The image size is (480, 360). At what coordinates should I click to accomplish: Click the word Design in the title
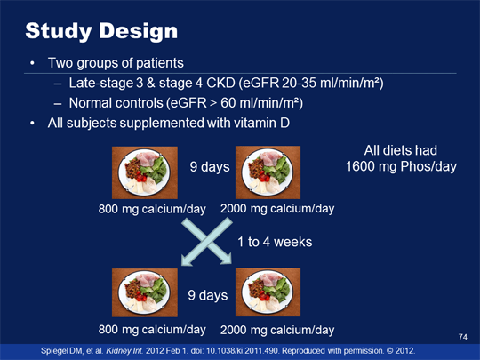(138, 31)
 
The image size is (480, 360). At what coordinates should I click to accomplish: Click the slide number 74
(463, 337)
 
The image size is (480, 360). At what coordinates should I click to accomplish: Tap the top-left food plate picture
(145, 172)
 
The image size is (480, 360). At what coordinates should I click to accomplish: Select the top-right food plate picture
(268, 172)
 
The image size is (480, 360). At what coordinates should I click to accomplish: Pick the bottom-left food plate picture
(145, 292)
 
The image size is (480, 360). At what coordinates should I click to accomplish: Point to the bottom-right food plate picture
(268, 292)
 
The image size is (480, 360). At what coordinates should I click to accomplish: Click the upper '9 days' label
(210, 167)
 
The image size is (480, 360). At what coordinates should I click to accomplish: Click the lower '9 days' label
(208, 295)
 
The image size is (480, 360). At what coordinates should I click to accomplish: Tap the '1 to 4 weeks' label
(275, 242)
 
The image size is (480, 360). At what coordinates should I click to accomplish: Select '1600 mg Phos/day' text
(401, 166)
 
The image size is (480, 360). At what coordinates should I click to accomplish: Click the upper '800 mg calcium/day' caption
(152, 209)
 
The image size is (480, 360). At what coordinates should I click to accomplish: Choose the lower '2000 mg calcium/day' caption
(277, 330)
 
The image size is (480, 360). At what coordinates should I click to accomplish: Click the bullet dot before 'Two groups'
(32, 63)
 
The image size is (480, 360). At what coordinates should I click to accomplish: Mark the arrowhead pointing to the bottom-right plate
(227, 259)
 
